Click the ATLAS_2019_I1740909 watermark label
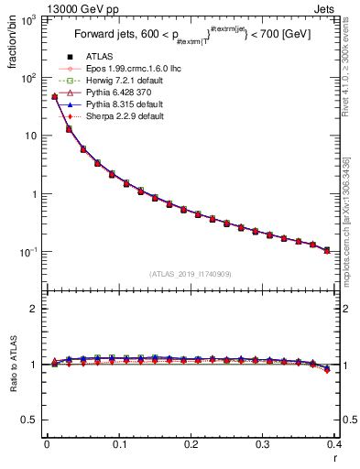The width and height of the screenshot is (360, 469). tap(190, 274)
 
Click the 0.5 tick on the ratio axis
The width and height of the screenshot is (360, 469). tap(33, 420)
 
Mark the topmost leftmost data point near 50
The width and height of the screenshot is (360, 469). tap(54, 96)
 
